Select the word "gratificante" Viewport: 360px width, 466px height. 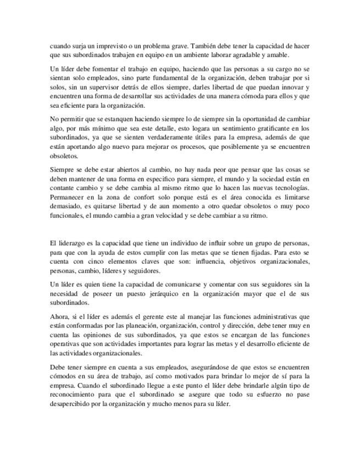pyautogui.click(x=263, y=127)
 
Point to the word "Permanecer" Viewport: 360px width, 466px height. pyautogui.click(x=68, y=196)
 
